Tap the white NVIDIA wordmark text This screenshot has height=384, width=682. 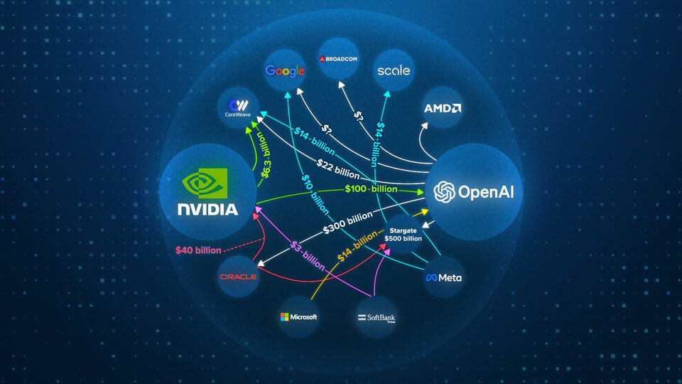pos(207,210)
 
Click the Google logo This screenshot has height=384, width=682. pos(285,70)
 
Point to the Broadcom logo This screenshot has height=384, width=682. pos(343,60)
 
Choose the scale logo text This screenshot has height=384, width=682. pos(394,71)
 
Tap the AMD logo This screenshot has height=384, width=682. pos(443,109)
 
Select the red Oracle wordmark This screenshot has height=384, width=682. pos(238,277)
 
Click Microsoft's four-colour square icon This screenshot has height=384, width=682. pos(285,316)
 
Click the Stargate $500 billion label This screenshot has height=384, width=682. pos(403,234)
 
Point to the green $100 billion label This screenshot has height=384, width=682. pos(371,188)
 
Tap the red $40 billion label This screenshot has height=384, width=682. pos(199,250)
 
